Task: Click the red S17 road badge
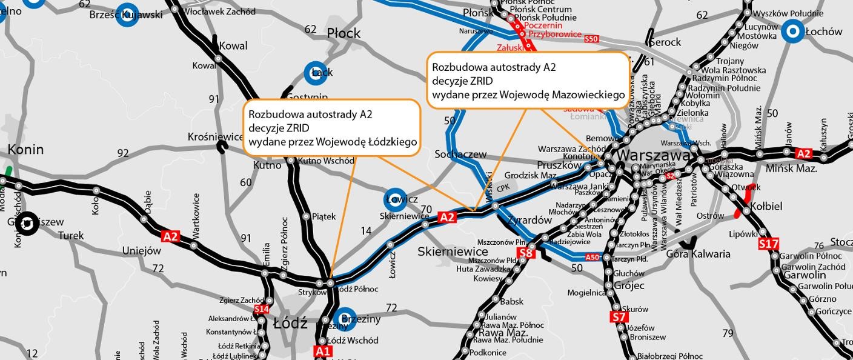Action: pos(768,244)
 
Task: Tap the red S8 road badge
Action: pos(526,253)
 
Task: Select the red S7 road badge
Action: pos(618,317)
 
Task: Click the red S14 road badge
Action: pos(261,310)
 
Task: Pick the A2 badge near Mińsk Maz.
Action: pos(803,153)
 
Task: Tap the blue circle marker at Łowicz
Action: pos(396,199)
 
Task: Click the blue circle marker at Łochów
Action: pos(792,32)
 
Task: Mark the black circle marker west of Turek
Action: pos(26,224)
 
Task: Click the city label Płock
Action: pos(344,33)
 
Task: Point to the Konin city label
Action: pos(25,149)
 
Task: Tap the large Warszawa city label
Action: pos(654,155)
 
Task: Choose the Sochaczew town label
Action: pos(460,155)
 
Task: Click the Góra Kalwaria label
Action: pos(698,254)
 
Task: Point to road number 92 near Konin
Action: pos(123,153)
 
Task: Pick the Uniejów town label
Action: pos(142,251)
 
